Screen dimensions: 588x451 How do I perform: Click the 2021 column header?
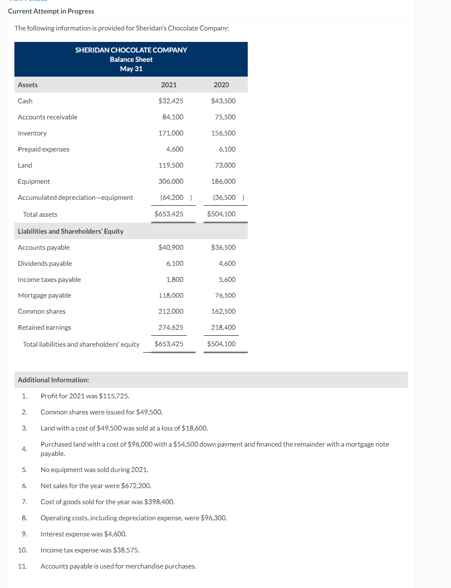(x=169, y=85)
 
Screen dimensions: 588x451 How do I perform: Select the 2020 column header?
(x=221, y=85)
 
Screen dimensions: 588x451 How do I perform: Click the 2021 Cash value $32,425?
(x=171, y=101)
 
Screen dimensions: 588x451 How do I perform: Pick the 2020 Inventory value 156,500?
(x=223, y=133)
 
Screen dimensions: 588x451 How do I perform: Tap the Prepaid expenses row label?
(x=44, y=149)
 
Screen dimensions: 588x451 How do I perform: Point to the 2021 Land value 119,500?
(x=171, y=165)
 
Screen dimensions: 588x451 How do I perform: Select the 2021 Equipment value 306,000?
(x=171, y=181)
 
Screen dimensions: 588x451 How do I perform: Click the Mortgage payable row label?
(x=44, y=295)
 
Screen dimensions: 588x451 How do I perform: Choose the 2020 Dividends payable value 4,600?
(x=227, y=263)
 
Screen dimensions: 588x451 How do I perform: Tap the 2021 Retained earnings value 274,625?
(x=171, y=327)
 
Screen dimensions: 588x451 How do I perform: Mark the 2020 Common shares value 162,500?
(x=223, y=311)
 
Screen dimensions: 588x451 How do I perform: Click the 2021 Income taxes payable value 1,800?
(x=174, y=279)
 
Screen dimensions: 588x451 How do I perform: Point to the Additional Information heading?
(x=53, y=380)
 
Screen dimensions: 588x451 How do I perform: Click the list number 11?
(x=22, y=566)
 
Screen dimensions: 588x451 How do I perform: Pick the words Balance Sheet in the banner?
(x=131, y=59)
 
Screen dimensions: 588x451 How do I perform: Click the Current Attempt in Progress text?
(x=51, y=11)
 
